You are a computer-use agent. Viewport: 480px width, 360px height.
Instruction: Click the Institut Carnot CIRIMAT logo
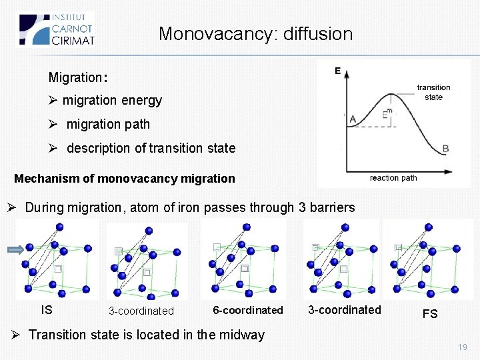coord(56,29)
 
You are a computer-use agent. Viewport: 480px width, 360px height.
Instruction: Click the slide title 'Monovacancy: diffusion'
coord(255,33)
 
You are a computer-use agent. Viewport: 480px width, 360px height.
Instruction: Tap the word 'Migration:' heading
coord(77,78)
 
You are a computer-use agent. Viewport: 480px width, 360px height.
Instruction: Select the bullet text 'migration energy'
coord(112,101)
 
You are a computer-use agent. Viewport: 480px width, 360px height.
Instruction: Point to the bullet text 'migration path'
coord(108,124)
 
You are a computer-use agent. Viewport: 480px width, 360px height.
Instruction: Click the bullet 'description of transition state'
coord(151,148)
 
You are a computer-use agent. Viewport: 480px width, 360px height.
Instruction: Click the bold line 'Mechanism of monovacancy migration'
coord(125,179)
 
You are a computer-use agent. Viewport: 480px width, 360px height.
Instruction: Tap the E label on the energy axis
coord(337,71)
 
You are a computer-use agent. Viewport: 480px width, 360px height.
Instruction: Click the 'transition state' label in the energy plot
coord(433,92)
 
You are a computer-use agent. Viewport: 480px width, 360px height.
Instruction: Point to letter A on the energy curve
coord(353,119)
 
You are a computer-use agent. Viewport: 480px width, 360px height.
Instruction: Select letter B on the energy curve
coord(445,148)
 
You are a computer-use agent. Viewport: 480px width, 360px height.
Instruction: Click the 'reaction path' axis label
coord(393,177)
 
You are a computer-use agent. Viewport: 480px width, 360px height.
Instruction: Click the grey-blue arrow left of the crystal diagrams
coord(14,250)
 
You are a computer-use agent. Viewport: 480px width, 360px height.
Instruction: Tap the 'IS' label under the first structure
coord(47,310)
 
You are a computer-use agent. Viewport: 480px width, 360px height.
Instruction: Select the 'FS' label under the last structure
coord(430,313)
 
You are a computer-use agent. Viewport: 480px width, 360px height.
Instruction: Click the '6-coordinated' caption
coord(247,310)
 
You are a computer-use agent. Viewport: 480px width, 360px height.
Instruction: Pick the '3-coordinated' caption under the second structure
coord(141,311)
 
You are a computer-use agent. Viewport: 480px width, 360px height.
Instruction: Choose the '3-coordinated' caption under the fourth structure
coord(345,310)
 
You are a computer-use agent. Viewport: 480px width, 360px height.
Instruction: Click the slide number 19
coord(463,347)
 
